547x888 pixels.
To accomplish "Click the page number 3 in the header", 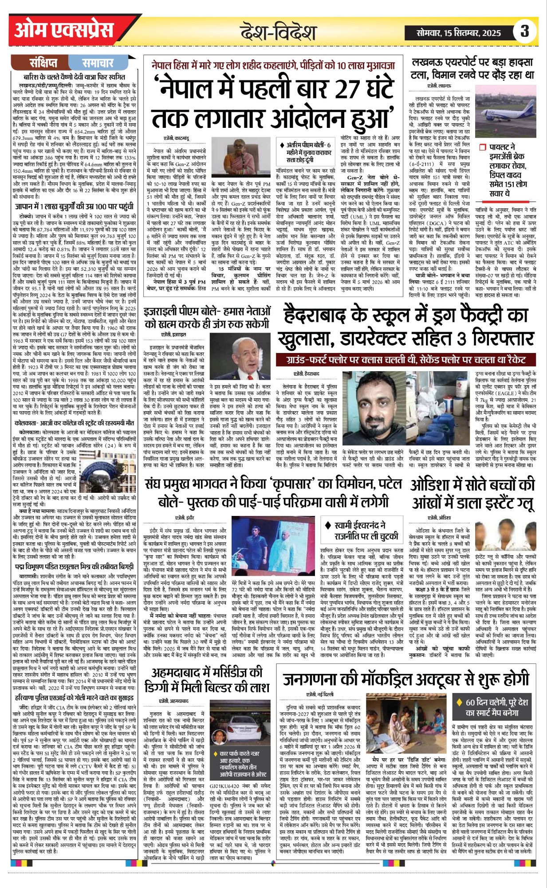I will click(x=525, y=31).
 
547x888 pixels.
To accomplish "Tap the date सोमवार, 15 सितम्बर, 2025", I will click(x=459, y=32).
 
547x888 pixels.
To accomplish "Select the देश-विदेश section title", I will click(x=278, y=32).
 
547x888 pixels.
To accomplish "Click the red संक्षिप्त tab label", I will click(x=43, y=63).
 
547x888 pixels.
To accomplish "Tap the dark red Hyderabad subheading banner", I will click(x=407, y=360).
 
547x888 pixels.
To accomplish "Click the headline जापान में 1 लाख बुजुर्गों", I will click(x=74, y=194).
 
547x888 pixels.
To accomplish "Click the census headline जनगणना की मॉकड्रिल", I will click(x=406, y=679).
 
